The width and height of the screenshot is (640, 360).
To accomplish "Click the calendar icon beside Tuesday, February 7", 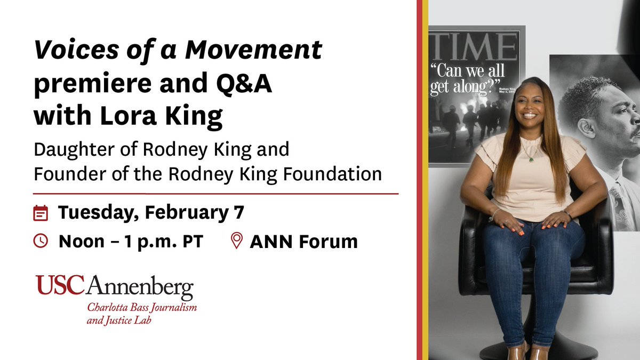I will point(41,213).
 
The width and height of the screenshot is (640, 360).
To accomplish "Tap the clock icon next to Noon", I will point(41,241).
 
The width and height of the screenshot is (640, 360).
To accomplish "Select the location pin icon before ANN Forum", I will point(236,241).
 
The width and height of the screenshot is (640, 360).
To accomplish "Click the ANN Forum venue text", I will point(303,242).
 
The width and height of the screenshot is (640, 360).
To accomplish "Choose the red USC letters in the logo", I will point(60,286).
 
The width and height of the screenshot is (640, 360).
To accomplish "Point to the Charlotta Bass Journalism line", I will point(142,309).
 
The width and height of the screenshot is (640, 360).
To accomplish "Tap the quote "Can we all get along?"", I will point(467,79).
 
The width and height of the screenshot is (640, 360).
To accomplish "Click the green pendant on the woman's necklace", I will point(530,158).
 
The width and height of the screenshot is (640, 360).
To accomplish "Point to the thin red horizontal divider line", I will point(216,194).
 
